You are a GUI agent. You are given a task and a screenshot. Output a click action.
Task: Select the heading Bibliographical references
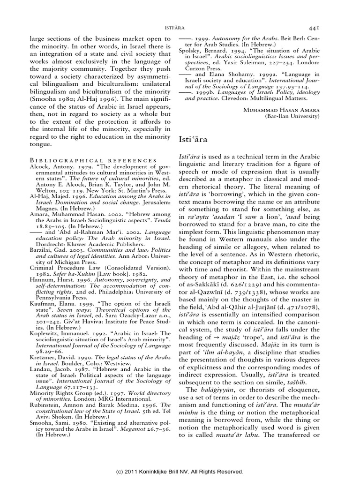click(x=93, y=160)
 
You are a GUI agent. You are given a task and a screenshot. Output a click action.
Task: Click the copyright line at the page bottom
click(x=180, y=471)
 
